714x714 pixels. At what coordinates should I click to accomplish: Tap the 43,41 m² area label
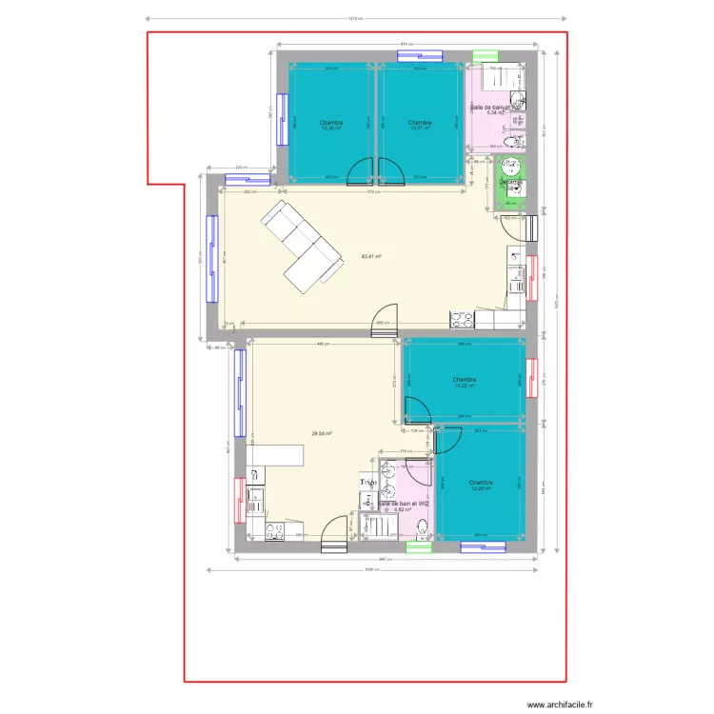371,256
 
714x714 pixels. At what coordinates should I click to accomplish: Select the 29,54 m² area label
321,434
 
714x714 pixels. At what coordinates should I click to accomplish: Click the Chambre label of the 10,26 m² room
331,123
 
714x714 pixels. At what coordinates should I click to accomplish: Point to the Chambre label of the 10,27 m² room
420,123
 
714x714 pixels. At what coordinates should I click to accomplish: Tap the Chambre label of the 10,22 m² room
465,380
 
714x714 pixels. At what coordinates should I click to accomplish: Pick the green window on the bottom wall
419,547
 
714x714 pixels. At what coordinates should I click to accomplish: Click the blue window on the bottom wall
483,547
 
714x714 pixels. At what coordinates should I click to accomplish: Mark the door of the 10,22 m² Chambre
417,410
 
